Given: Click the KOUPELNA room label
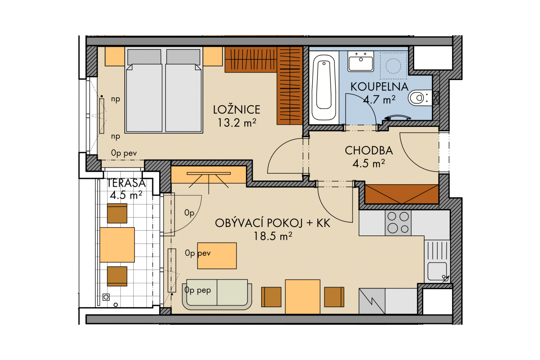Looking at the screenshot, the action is [379, 87].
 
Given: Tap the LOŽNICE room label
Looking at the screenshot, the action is [237, 110].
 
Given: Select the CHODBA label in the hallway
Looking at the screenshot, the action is [369, 150].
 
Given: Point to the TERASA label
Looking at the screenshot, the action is [126, 183].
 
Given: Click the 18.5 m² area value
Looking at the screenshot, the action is [273, 236].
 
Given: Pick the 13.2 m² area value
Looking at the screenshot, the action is [237, 123].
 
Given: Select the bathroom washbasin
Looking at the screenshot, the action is [361, 61].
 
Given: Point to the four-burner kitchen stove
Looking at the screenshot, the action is [398, 223].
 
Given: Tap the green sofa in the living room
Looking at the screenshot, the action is [217, 294].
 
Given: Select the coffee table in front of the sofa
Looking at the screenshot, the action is [217, 256].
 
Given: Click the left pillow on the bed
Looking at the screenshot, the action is [144, 57].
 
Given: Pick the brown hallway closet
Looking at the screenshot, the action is [401, 194].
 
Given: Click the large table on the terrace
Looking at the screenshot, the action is [117, 245].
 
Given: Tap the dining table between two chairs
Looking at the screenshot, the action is [303, 297].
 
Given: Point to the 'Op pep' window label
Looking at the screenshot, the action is [198, 290].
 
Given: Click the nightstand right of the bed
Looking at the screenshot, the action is [212, 56].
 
